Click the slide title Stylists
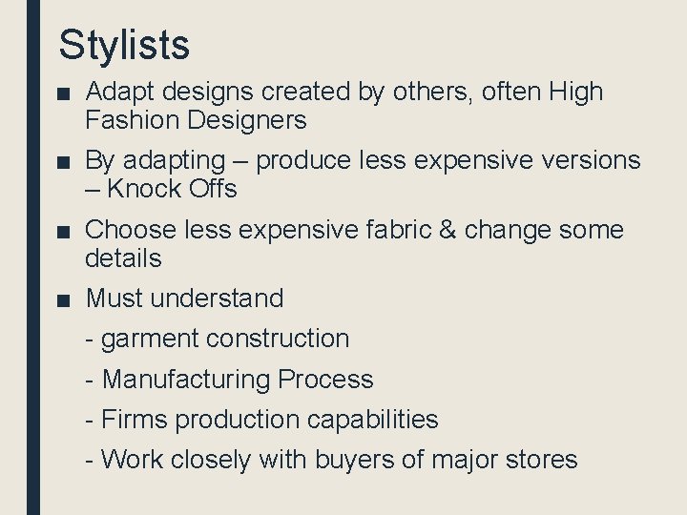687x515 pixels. coord(124,44)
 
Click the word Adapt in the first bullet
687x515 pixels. coord(117,93)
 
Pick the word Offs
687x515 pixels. coord(213,189)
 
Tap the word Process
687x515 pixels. coord(325,380)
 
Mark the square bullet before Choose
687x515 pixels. coord(63,231)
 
